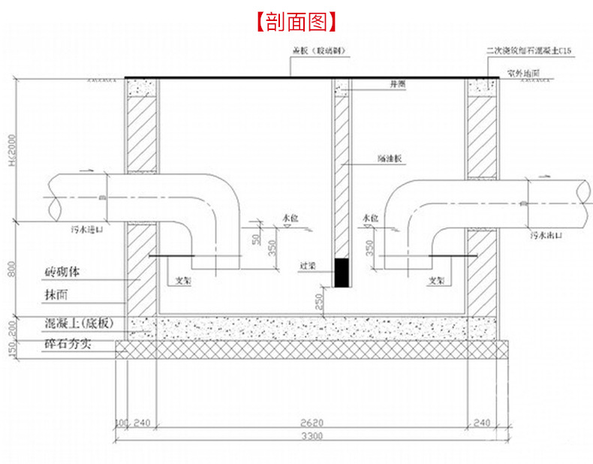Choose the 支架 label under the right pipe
pyautogui.click(x=438, y=281)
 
